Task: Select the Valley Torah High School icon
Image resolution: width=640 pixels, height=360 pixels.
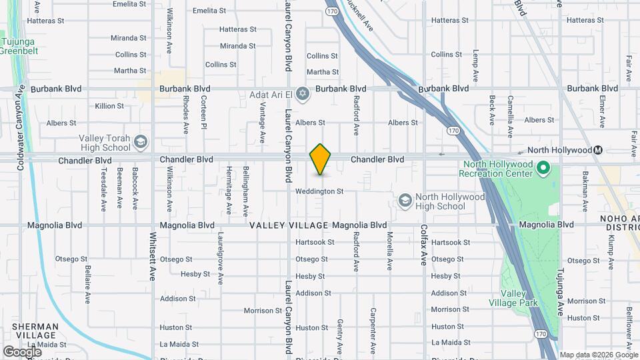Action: coord(141,141)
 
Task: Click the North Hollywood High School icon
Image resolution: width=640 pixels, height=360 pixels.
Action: coord(405,201)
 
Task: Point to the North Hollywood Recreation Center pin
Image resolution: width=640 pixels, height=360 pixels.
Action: coord(543,168)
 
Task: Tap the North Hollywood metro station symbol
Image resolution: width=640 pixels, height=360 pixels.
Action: coord(599,151)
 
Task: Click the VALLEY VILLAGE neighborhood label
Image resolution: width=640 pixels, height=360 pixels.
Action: coord(289,225)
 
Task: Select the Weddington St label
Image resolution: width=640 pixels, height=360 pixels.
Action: coord(319,191)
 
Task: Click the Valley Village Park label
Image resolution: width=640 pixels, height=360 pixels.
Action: coord(521,298)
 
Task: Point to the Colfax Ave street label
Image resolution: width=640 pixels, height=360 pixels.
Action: coord(423,244)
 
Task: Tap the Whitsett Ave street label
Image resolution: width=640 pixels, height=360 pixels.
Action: coord(153,255)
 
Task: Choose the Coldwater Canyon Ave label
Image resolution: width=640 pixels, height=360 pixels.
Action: coord(21,127)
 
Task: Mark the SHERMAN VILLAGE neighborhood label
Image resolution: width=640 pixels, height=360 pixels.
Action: coord(35,331)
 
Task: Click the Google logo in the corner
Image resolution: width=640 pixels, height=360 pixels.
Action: coord(23,351)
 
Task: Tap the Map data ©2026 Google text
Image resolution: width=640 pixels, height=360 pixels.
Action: coord(598,355)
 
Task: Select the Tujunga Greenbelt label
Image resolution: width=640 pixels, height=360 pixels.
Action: coord(20,45)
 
